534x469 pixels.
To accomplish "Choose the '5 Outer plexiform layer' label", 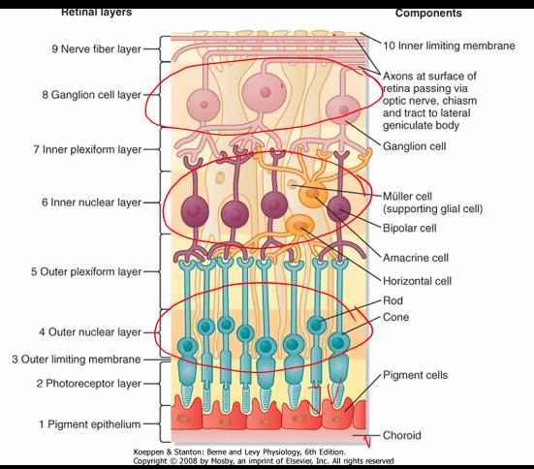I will [86, 272].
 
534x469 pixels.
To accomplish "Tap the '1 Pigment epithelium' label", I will [89, 423].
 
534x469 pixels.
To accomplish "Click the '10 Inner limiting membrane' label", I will [449, 46].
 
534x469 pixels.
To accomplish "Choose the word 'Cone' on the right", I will [396, 317].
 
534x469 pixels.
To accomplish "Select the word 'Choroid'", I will [402, 436].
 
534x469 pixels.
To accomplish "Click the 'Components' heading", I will [428, 14].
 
